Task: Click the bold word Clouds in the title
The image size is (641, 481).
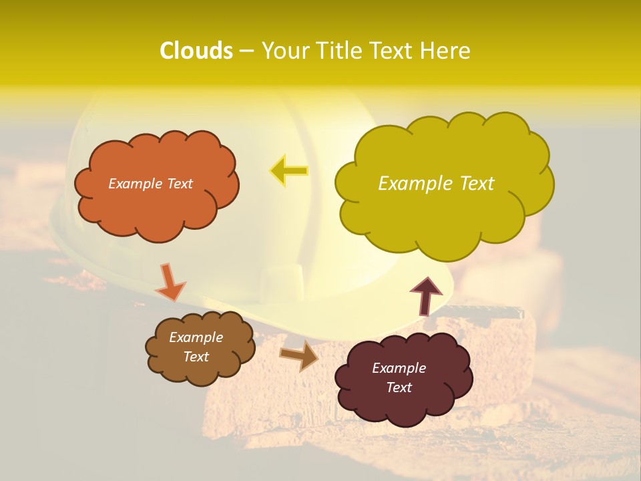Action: (x=196, y=51)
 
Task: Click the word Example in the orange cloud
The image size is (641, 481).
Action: (x=134, y=184)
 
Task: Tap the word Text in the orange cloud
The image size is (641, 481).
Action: (x=178, y=184)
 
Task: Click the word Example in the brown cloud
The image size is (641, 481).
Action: (x=196, y=337)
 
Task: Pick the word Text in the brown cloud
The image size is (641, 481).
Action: (x=196, y=357)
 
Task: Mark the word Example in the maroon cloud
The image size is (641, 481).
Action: (x=399, y=368)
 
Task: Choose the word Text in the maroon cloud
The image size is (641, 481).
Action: (x=399, y=387)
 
